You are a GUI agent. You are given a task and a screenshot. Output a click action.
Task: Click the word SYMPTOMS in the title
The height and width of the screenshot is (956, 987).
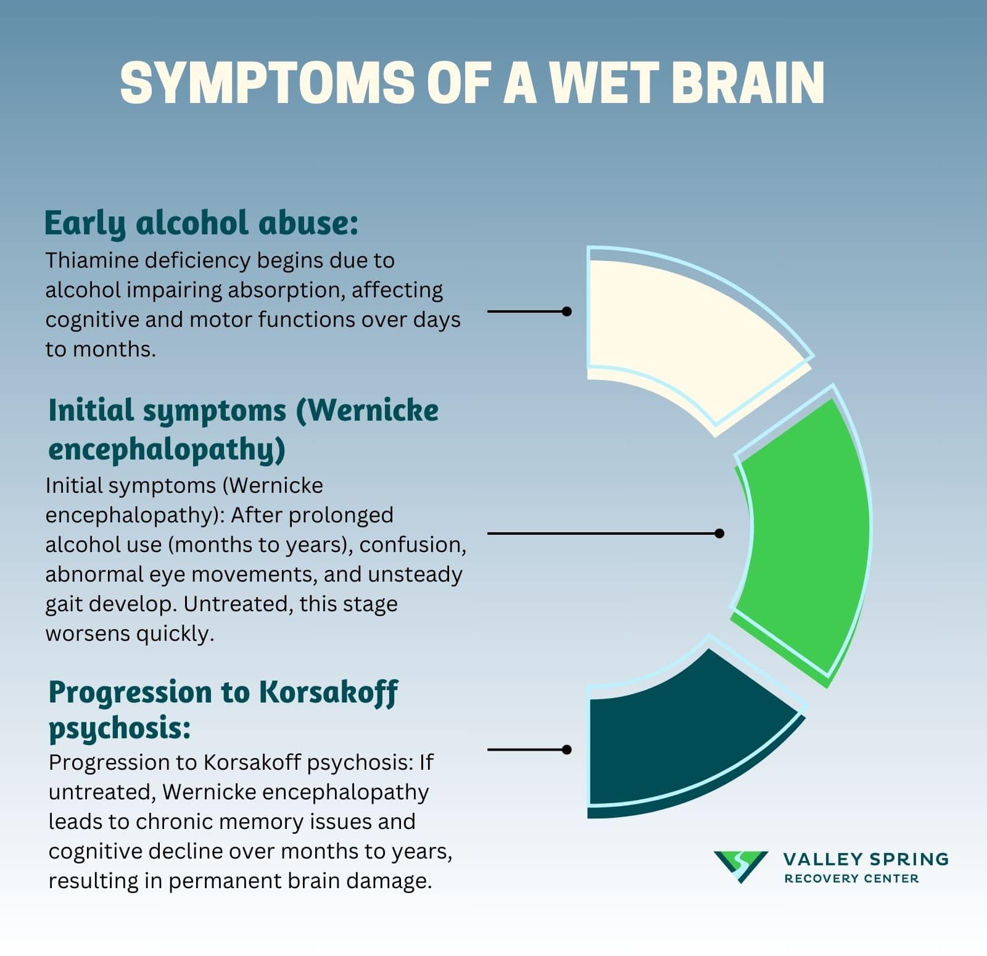pyautogui.click(x=266, y=83)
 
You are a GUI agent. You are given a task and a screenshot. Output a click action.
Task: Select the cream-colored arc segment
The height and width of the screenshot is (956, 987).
pyautogui.click(x=685, y=327)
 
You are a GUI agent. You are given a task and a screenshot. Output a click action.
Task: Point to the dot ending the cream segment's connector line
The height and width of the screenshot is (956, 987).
pyautogui.click(x=567, y=311)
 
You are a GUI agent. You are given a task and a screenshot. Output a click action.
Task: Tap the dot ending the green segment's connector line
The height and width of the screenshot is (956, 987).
pyautogui.click(x=719, y=534)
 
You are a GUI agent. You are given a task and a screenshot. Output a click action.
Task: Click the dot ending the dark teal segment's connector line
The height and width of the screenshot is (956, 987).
pyautogui.click(x=567, y=750)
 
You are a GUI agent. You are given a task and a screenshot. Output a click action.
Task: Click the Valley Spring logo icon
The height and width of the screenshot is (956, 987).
pyautogui.click(x=740, y=866)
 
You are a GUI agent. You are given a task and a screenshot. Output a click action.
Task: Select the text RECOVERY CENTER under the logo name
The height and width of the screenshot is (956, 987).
pyautogui.click(x=851, y=878)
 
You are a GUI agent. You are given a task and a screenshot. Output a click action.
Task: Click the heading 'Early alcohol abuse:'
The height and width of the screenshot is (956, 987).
pyautogui.click(x=201, y=223)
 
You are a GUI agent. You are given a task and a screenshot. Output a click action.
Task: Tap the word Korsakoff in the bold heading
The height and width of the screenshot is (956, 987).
pyautogui.click(x=328, y=693)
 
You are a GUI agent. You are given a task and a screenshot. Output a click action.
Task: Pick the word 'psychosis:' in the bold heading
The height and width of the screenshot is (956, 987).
pyautogui.click(x=120, y=728)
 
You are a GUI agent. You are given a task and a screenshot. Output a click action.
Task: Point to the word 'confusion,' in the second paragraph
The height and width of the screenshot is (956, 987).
pyautogui.click(x=413, y=545)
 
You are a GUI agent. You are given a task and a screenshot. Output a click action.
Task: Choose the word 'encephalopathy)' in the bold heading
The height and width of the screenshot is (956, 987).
pyautogui.click(x=167, y=448)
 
